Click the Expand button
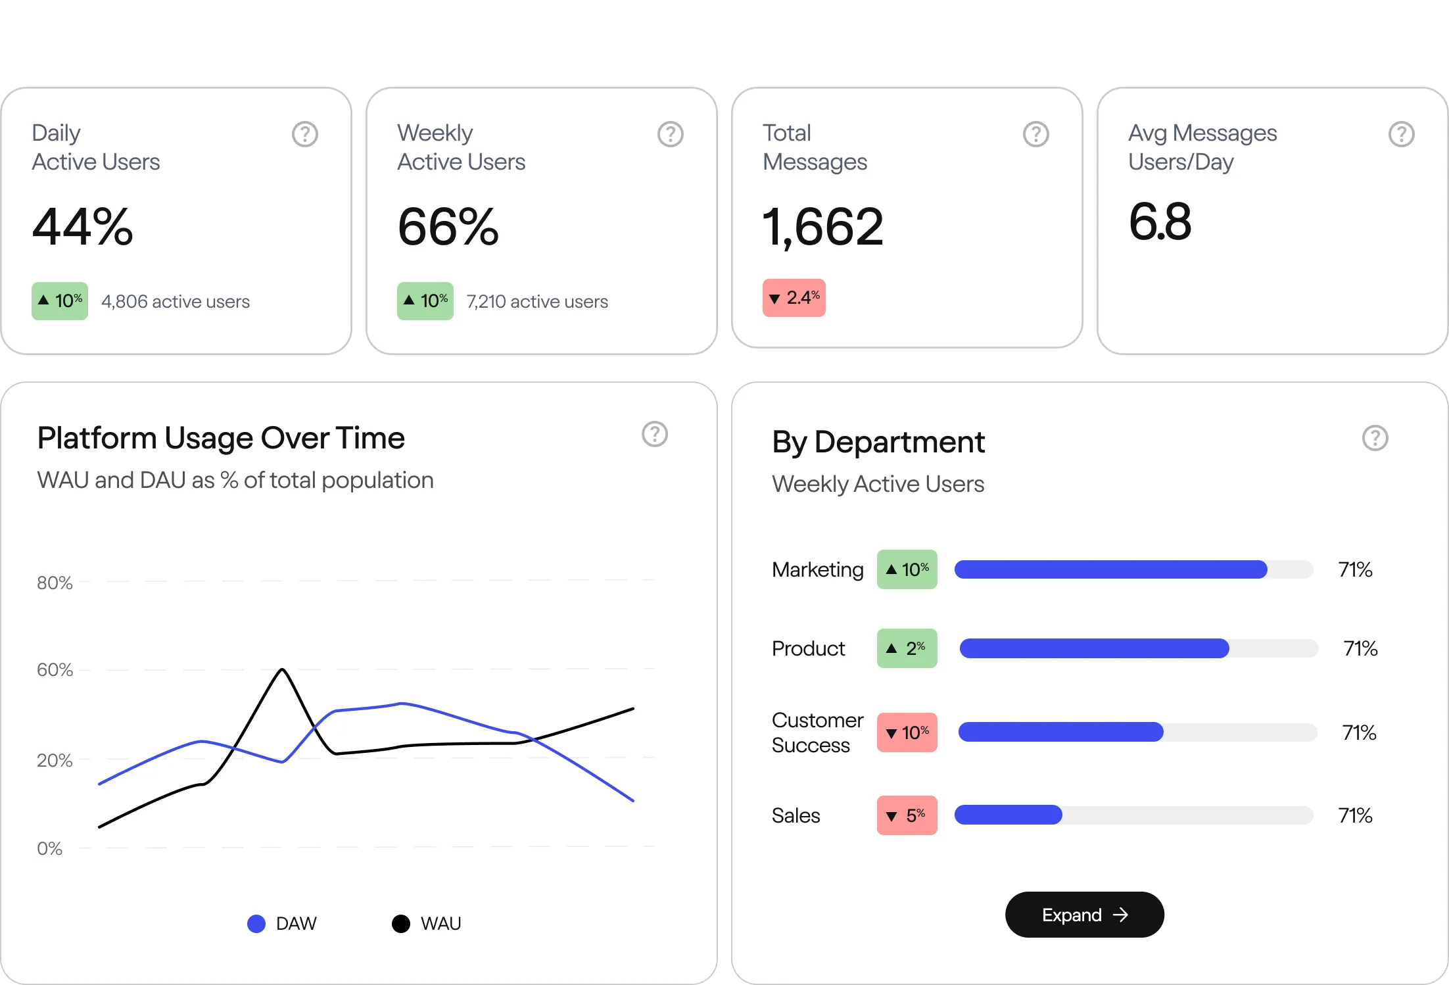(1084, 915)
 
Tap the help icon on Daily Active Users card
(305, 134)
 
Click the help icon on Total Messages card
(1035, 134)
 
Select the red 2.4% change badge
(794, 298)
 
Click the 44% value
(83, 227)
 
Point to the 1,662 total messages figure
(822, 227)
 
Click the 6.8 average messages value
(1160, 222)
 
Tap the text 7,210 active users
(537, 302)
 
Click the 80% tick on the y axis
(55, 583)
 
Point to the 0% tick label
(50, 848)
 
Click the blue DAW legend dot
(256, 924)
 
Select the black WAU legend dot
(401, 924)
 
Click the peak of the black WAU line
(283, 670)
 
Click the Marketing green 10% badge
(907, 569)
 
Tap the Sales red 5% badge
(907, 815)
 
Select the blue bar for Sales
(1008, 815)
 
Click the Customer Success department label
(817, 733)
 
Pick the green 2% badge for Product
(907, 648)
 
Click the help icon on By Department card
(1375, 438)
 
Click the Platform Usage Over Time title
(221, 438)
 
